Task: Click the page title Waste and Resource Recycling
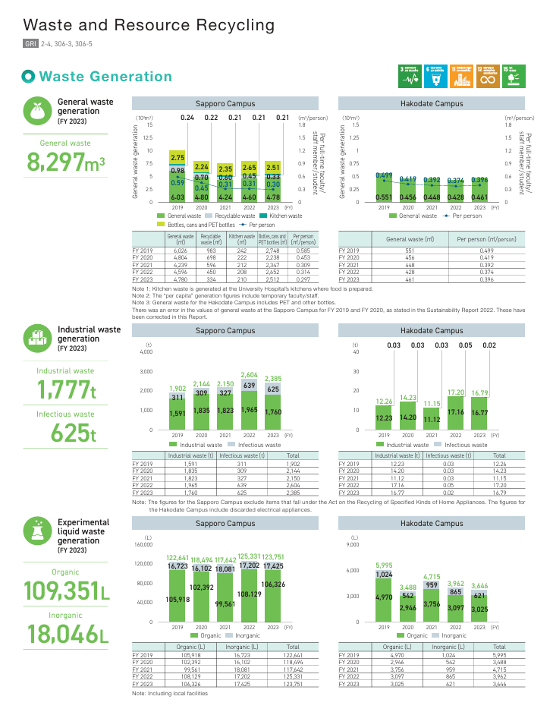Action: (149, 25)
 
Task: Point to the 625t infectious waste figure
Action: (73, 433)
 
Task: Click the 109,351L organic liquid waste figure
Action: (66, 590)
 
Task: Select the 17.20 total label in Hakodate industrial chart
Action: (455, 392)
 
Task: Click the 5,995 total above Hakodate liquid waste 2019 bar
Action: (385, 565)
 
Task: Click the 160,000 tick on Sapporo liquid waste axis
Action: (143, 544)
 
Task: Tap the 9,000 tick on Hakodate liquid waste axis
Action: (353, 544)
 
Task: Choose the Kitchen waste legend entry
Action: (286, 216)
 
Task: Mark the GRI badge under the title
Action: (30, 44)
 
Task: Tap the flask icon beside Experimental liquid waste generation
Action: (37, 531)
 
